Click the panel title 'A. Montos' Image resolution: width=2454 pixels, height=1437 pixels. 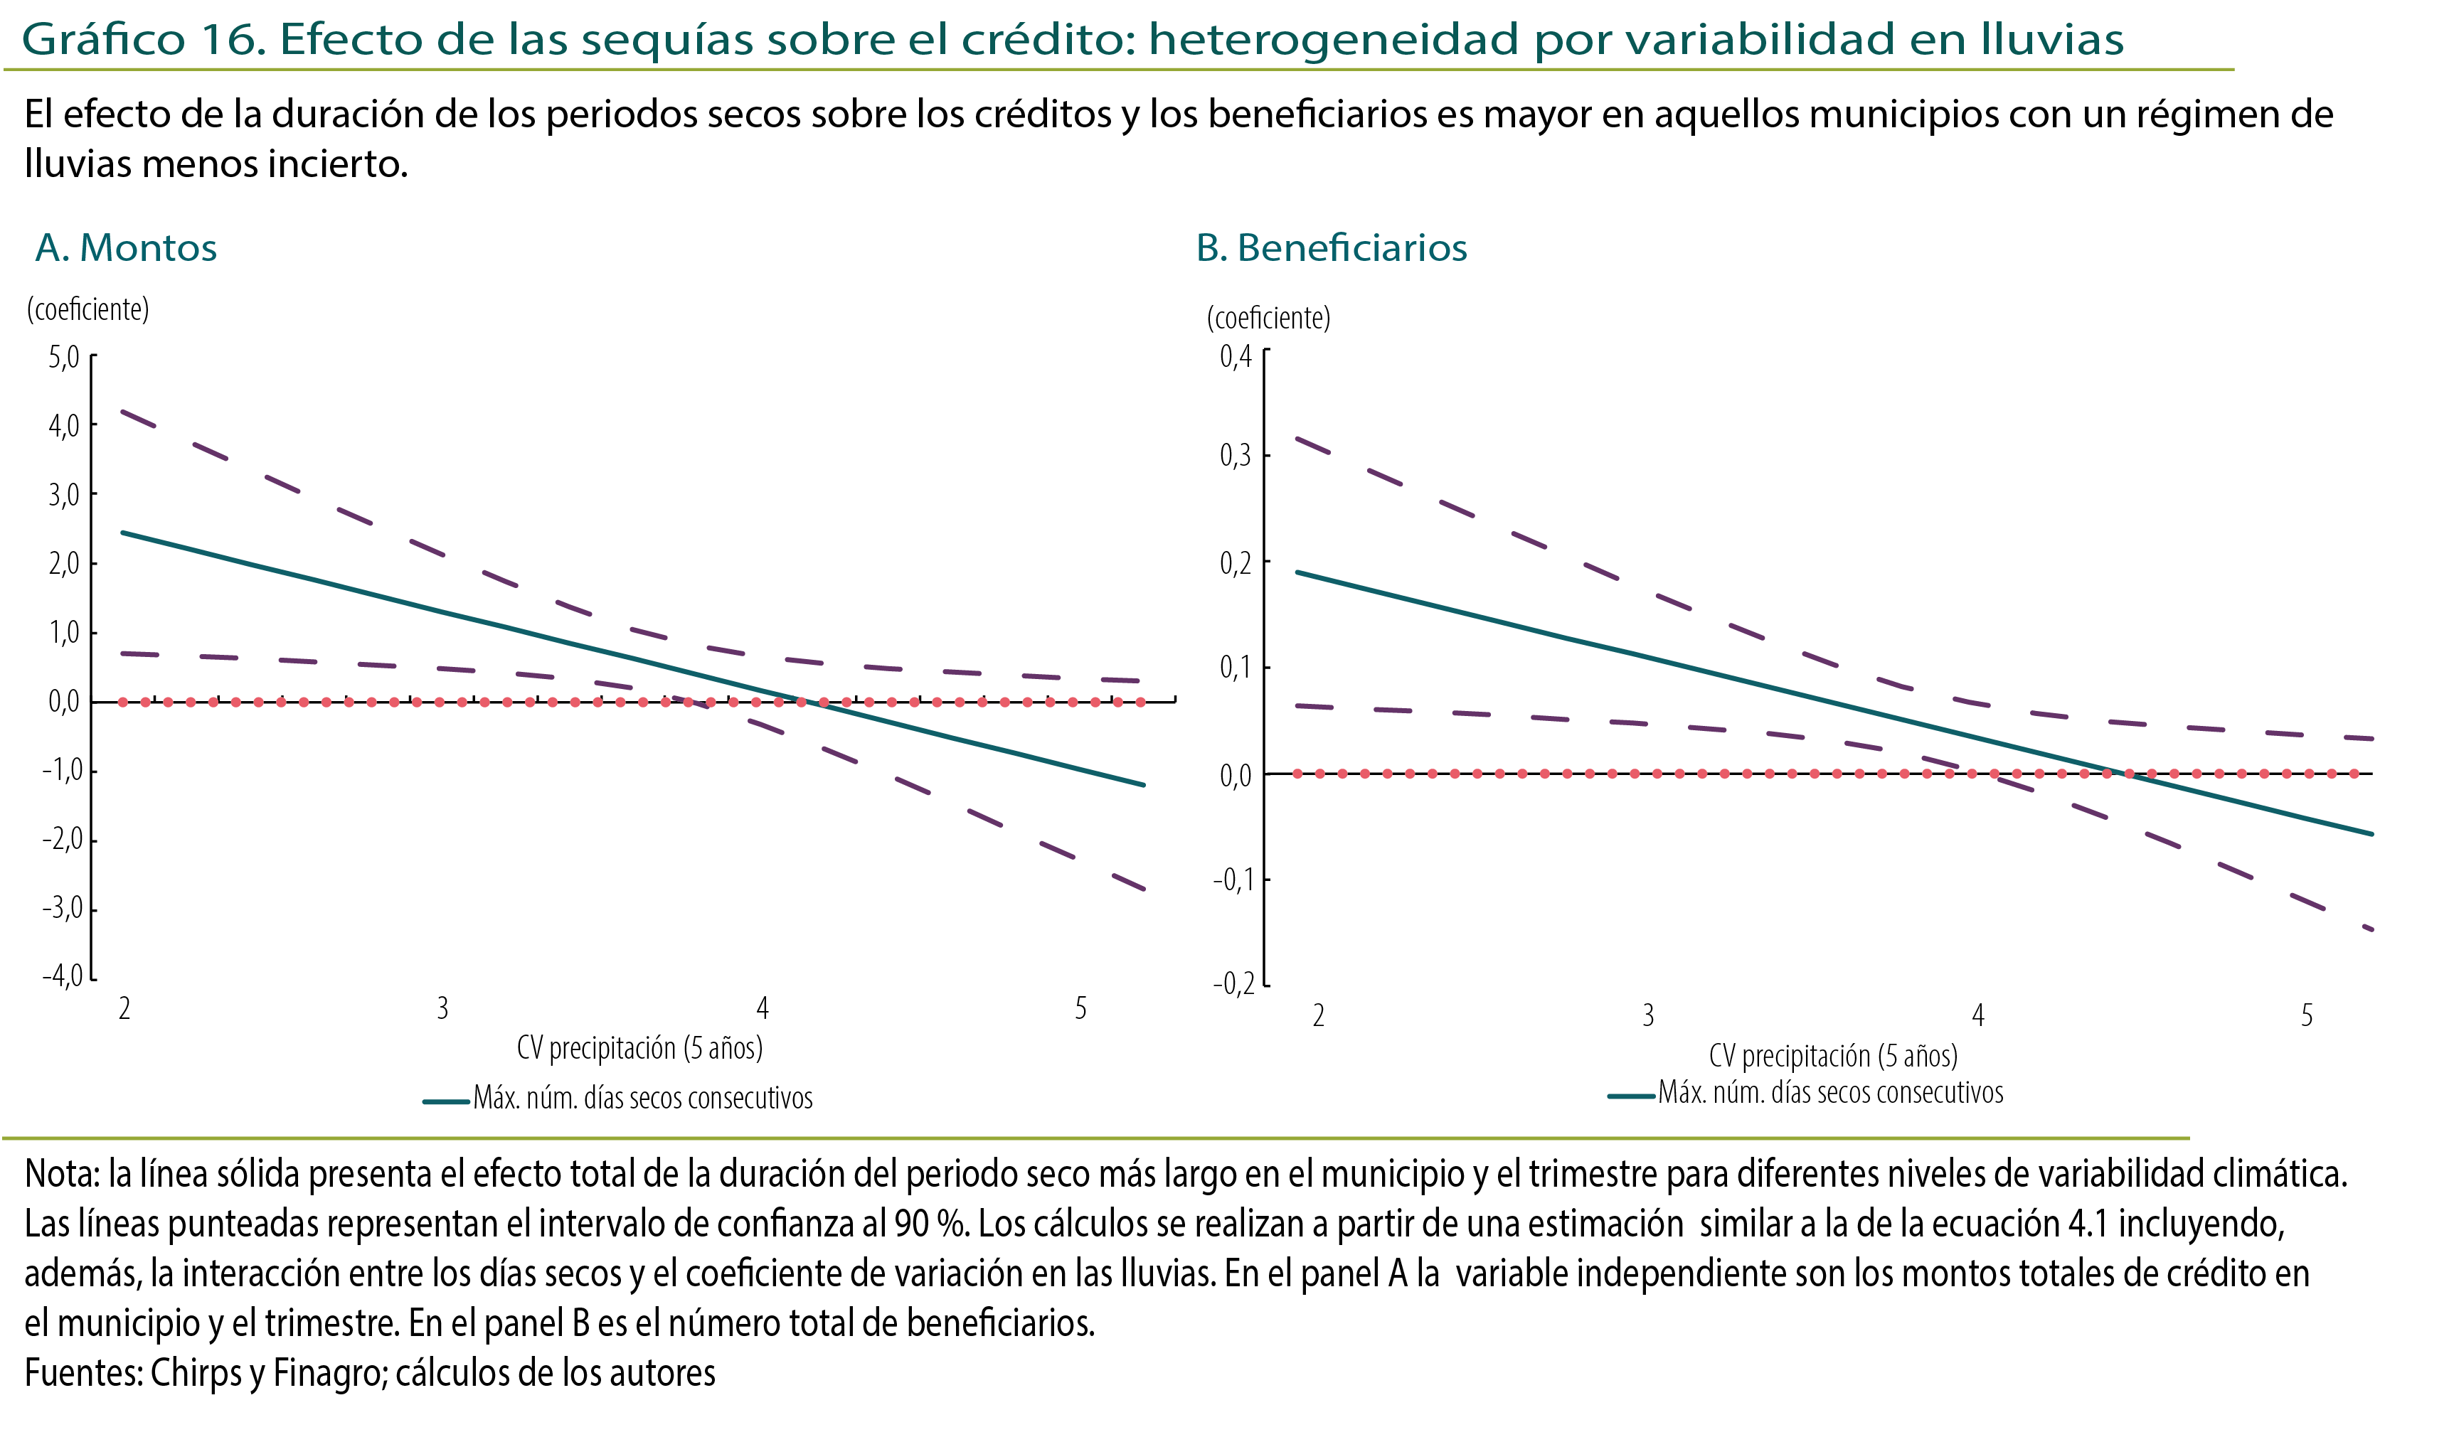pyautogui.click(x=126, y=248)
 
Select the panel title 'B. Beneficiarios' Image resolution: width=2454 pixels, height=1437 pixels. pyautogui.click(x=1331, y=248)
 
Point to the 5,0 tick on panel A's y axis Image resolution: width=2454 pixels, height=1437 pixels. pyautogui.click(x=64, y=358)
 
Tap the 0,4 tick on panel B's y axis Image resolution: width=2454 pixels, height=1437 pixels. pyautogui.click(x=1236, y=356)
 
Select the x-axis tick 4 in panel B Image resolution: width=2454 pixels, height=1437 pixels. pyautogui.click(x=1978, y=1015)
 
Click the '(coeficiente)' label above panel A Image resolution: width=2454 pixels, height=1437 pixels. pyautogui.click(x=87, y=309)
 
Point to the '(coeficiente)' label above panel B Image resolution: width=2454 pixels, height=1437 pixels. pyautogui.click(x=1268, y=319)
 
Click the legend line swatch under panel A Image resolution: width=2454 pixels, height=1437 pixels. pyautogui.click(x=446, y=1101)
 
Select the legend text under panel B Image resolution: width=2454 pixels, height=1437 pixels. pyautogui.click(x=1831, y=1092)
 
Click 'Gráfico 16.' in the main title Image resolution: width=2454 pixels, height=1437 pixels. pyautogui.click(x=143, y=40)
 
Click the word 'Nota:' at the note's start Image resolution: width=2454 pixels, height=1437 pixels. pyautogui.click(x=63, y=1174)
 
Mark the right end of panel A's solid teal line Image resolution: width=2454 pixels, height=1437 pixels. pyautogui.click(x=1143, y=785)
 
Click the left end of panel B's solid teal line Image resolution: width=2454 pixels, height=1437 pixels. pyautogui.click(x=1297, y=572)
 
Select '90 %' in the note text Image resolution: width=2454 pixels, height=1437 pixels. pyautogui.click(x=931, y=1224)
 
